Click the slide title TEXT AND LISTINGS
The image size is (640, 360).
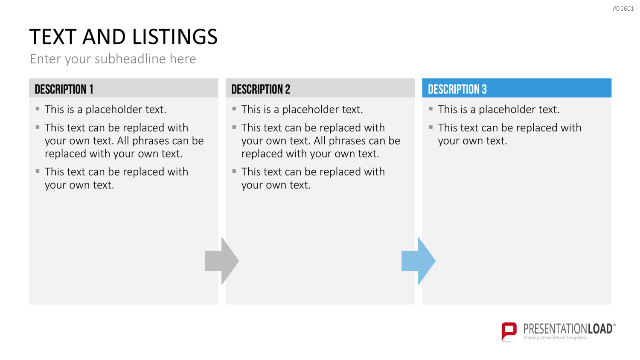[x=123, y=37]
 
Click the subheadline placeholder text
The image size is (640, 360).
[x=113, y=59]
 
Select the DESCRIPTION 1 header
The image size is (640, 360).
[x=64, y=89]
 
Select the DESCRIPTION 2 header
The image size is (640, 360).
[x=261, y=89]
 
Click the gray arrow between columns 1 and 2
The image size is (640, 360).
[x=222, y=261]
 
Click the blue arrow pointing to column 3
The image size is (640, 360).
[x=419, y=261]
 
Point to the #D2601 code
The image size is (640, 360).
[x=623, y=9]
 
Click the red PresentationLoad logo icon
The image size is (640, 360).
[x=509, y=332]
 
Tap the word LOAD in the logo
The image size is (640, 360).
[x=600, y=329]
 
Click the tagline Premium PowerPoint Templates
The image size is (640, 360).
[x=555, y=338]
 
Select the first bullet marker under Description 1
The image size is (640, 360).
[x=38, y=109]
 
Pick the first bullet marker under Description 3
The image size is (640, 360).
[x=431, y=109]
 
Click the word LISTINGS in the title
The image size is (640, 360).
[x=175, y=37]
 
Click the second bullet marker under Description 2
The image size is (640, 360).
[x=234, y=127]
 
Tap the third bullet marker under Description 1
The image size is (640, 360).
[x=38, y=171]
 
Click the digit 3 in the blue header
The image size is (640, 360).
[x=484, y=89]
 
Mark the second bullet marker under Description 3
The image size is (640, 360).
[x=431, y=127]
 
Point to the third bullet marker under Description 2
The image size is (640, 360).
[x=234, y=171]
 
